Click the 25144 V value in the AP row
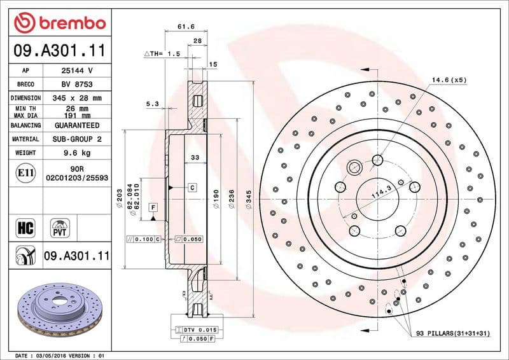pyautogui.click(x=77, y=71)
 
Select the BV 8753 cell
pyautogui.click(x=77, y=85)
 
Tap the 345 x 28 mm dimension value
pyautogui.click(x=77, y=99)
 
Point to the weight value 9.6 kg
pyautogui.click(x=77, y=153)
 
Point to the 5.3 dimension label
pyautogui.click(x=152, y=103)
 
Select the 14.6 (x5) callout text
pyautogui.click(x=449, y=80)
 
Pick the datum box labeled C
pyautogui.click(x=192, y=188)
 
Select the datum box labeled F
pyautogui.click(x=153, y=207)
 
